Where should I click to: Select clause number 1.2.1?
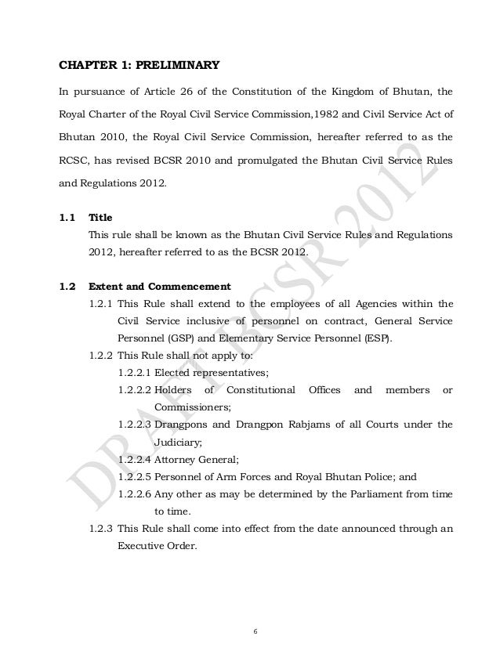pos(97,303)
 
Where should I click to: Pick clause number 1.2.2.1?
pos(134,372)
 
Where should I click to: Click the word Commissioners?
pos(191,407)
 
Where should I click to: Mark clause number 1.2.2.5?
pos(134,475)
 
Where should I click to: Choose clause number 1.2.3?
pos(97,527)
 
